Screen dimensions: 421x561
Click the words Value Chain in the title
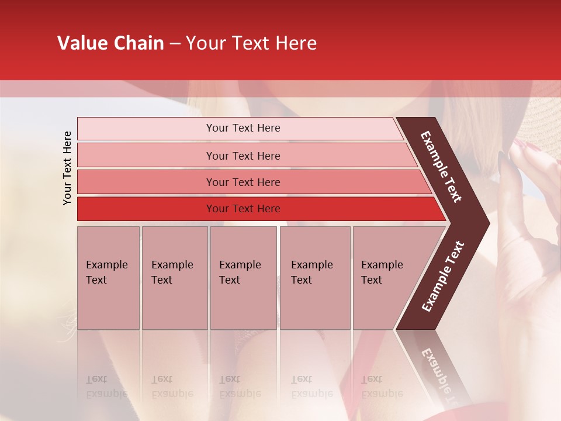point(110,43)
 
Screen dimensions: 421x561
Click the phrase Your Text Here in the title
point(251,43)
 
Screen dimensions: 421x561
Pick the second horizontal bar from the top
point(243,156)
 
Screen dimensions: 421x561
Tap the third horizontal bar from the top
point(243,182)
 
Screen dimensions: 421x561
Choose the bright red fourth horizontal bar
point(243,209)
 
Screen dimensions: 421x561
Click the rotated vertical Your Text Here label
point(67,168)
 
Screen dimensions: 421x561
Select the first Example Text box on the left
point(108,278)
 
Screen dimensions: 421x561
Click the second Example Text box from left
point(174,278)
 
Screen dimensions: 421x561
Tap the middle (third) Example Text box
point(243,278)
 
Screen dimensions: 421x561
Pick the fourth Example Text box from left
point(314,278)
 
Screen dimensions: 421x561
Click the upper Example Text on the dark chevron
point(441,167)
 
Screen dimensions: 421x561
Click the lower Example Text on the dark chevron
point(443,276)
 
